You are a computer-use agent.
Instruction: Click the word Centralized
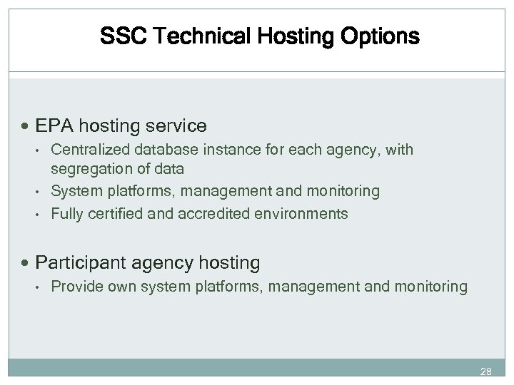click(85, 150)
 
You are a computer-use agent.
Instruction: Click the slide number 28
click(486, 372)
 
